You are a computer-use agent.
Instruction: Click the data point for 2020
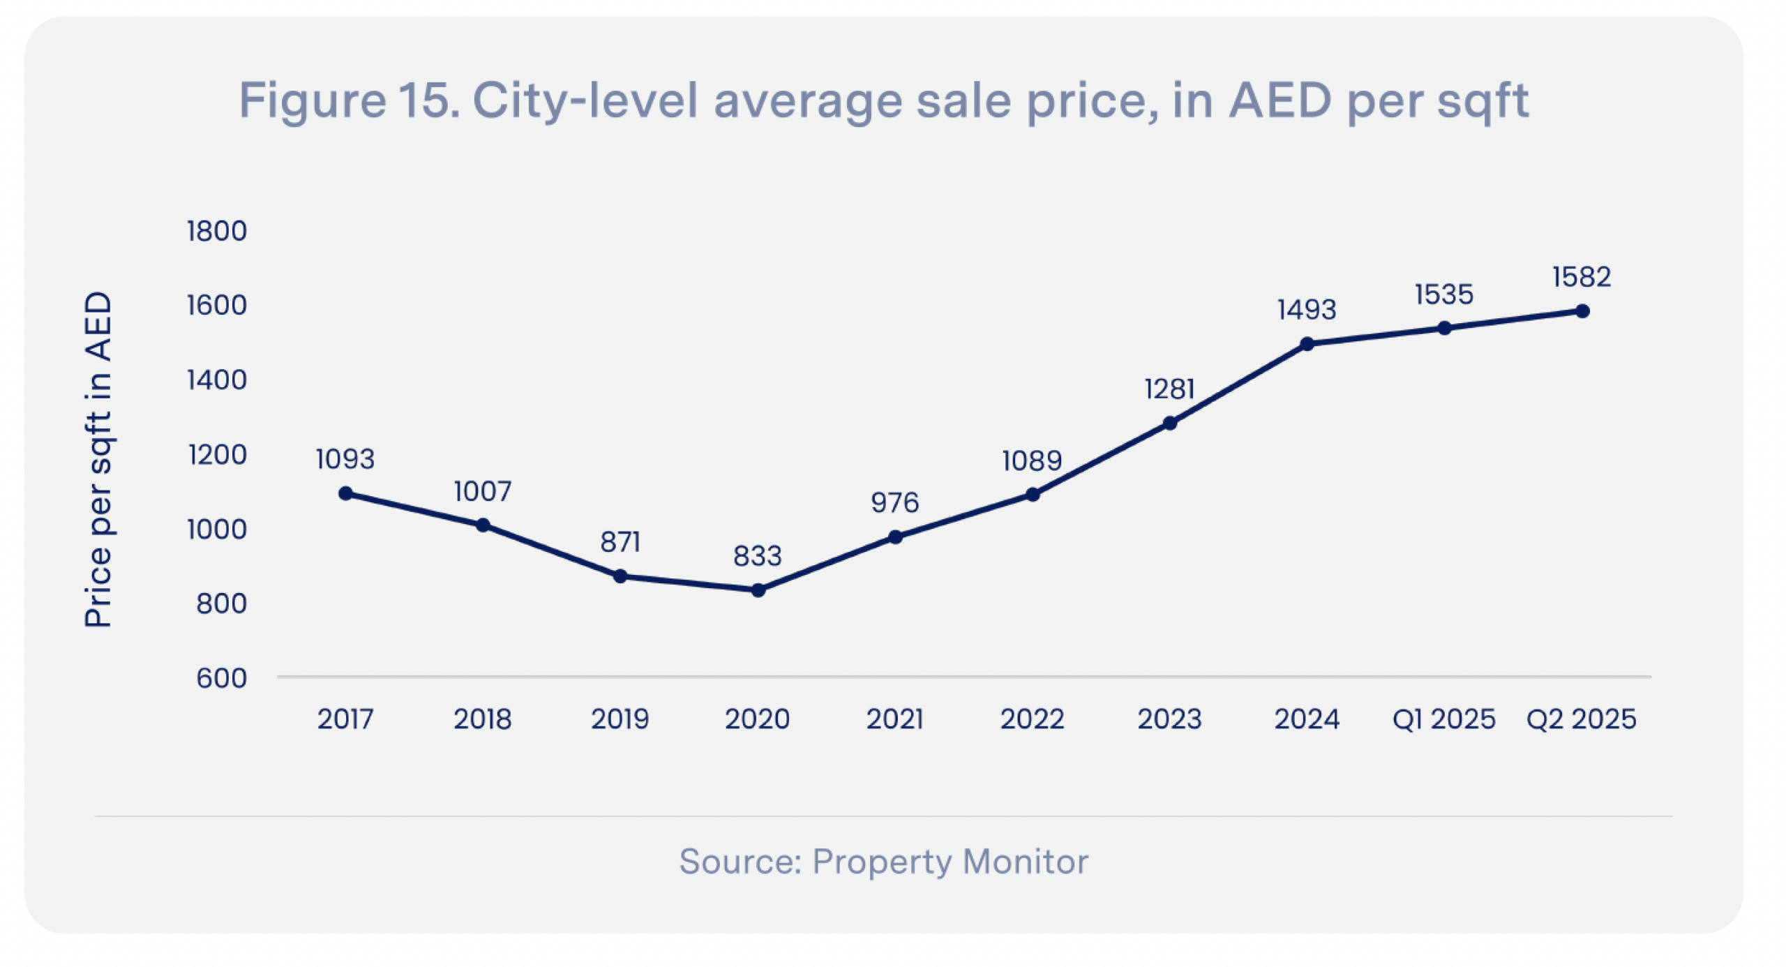(x=758, y=590)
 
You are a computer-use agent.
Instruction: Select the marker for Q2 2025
(x=1582, y=311)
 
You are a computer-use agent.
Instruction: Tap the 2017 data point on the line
(x=345, y=493)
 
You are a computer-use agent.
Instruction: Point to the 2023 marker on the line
(x=1170, y=423)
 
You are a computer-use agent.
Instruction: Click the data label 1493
(x=1306, y=310)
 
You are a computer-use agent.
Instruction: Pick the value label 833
(x=757, y=556)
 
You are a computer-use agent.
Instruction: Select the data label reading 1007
(x=482, y=491)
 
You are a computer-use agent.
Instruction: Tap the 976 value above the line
(x=894, y=502)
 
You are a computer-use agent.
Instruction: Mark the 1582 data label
(x=1581, y=277)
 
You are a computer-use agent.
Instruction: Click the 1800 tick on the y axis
(x=216, y=231)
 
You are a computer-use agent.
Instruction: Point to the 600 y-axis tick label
(x=221, y=677)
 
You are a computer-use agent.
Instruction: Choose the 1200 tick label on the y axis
(x=217, y=455)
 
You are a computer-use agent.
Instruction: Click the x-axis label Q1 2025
(x=1443, y=719)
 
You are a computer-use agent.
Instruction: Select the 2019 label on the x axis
(x=620, y=719)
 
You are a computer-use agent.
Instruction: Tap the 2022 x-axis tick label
(x=1032, y=719)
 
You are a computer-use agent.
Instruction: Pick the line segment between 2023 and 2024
(x=1238, y=384)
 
